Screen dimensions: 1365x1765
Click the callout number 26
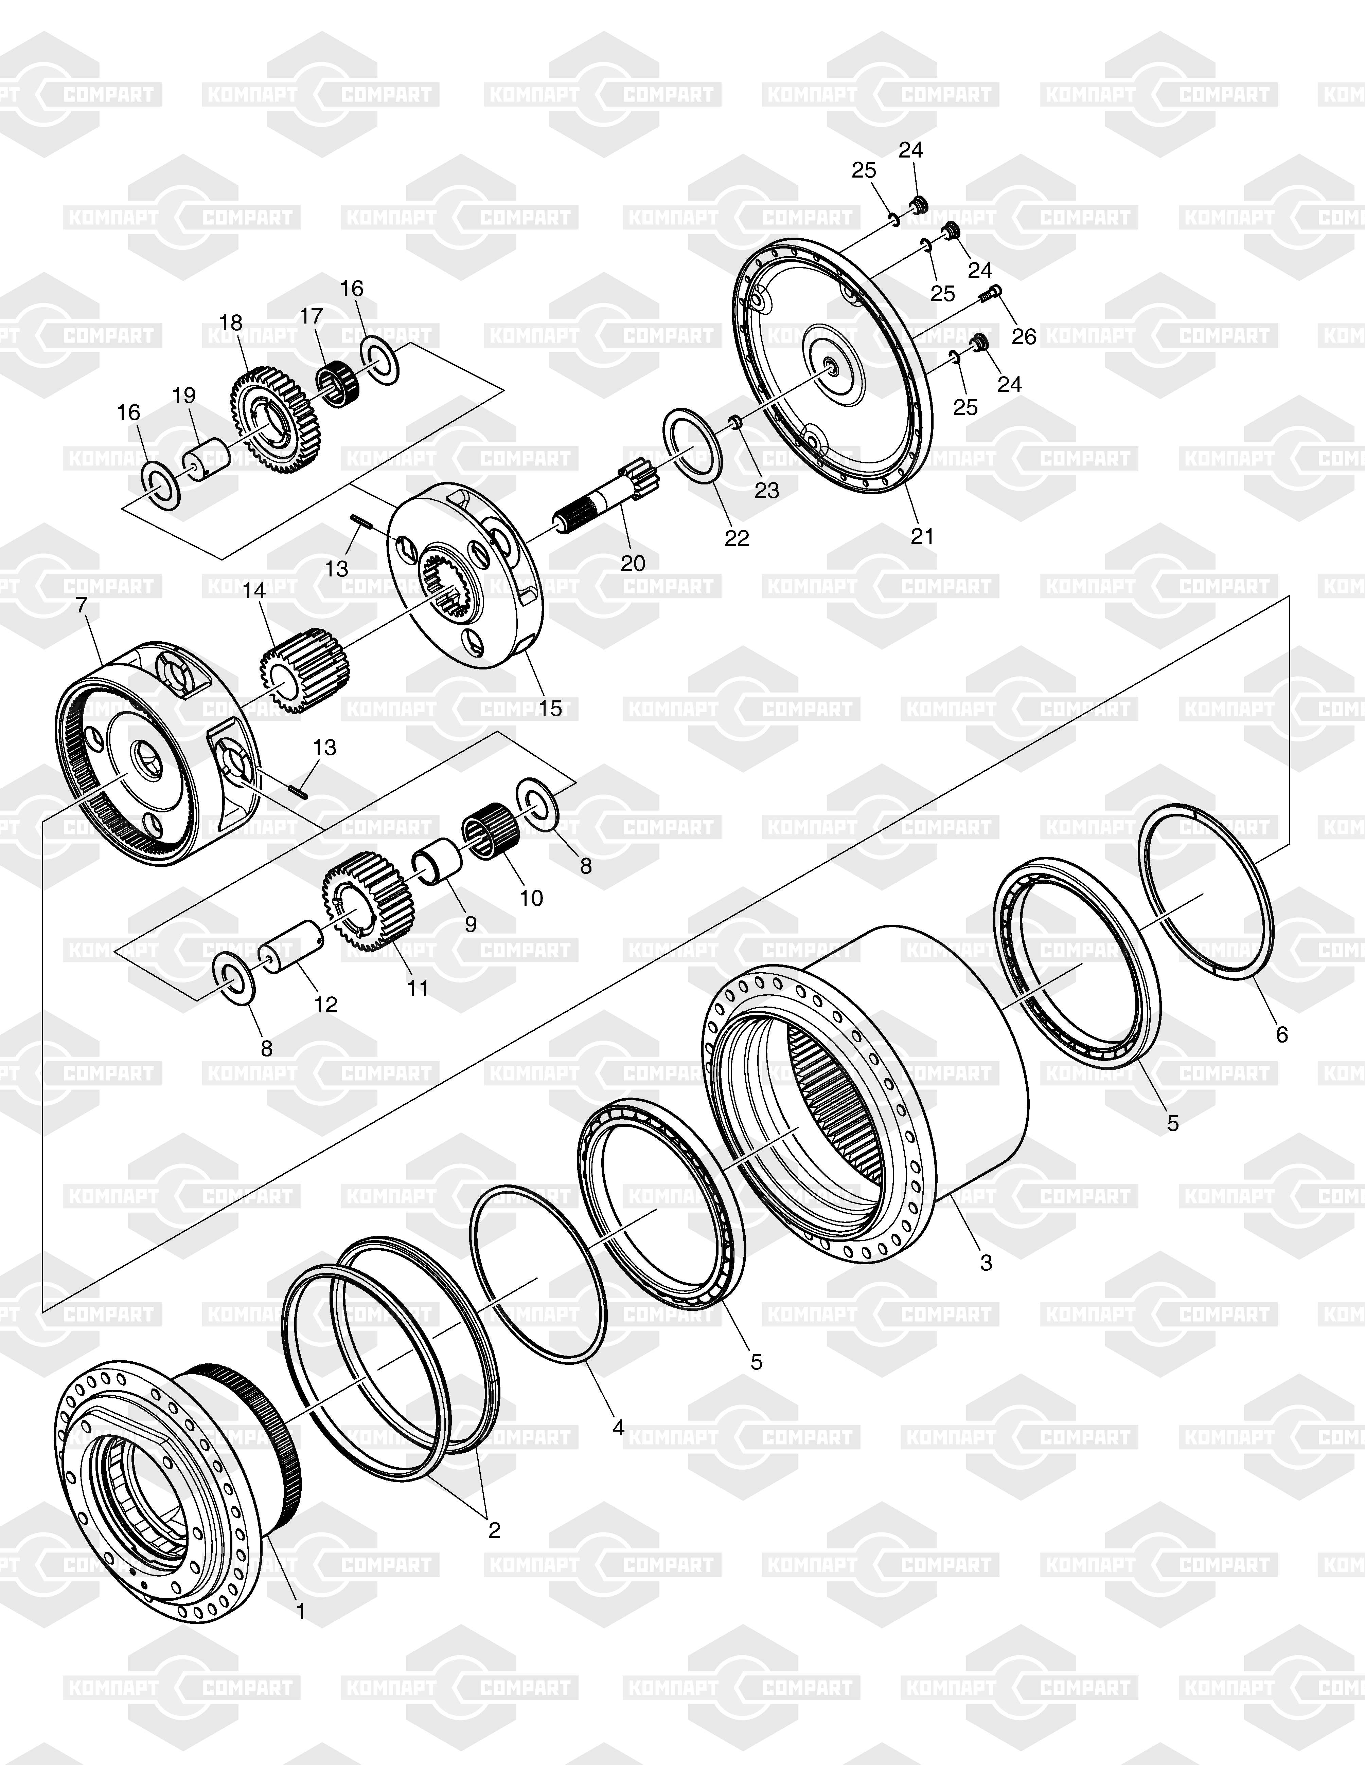[1024, 336]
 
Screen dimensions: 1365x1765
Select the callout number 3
[986, 1262]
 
